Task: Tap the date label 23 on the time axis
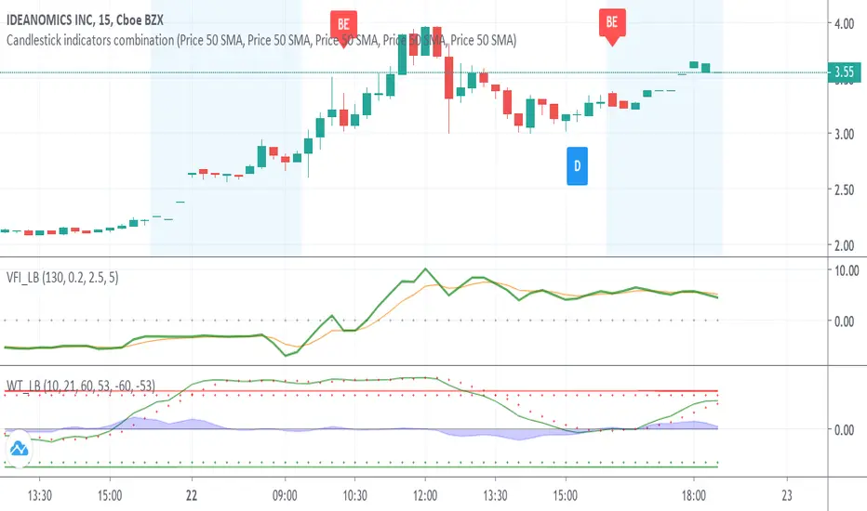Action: (x=787, y=494)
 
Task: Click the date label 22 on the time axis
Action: (x=192, y=494)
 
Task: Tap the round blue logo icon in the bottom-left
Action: (x=19, y=451)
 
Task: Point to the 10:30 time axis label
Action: (x=355, y=494)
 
